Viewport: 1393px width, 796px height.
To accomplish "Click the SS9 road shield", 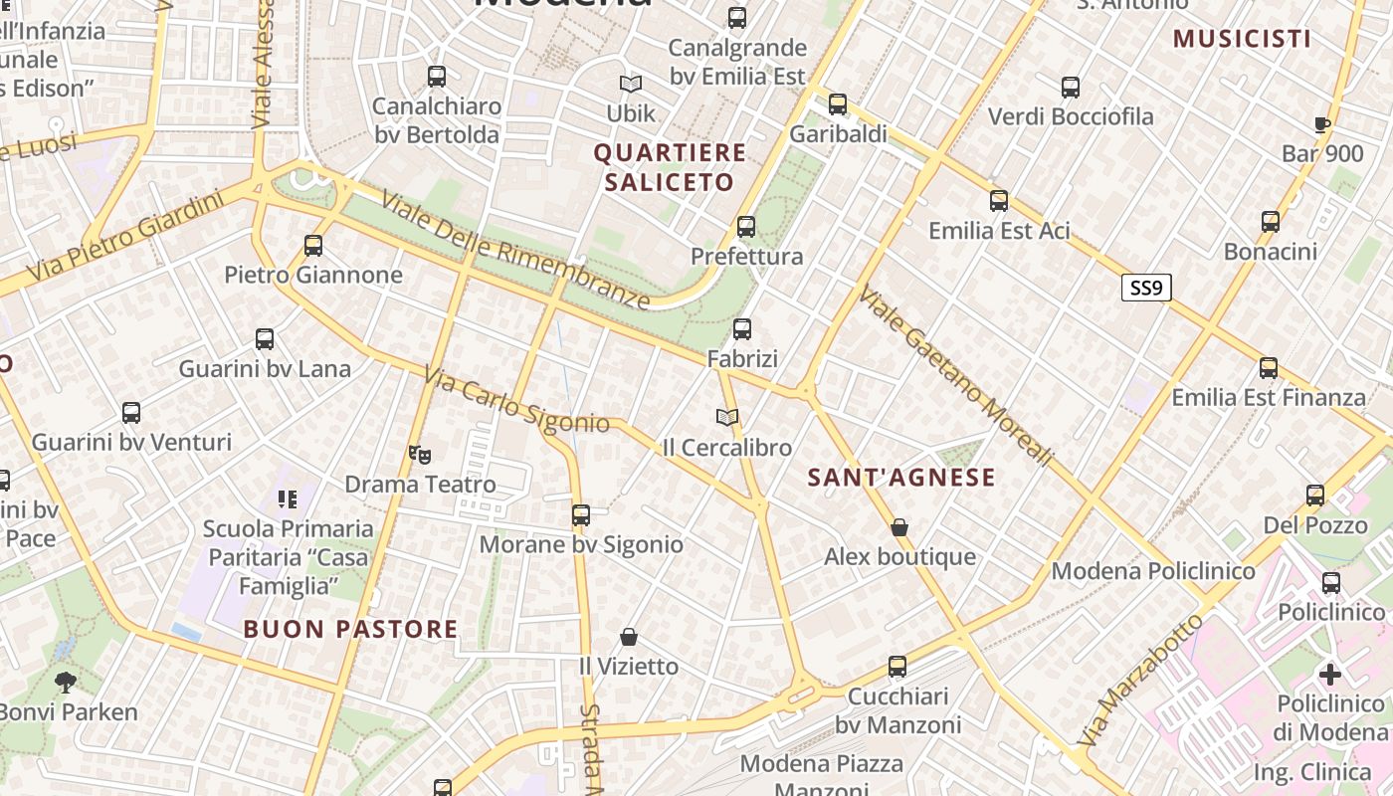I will coord(1146,289).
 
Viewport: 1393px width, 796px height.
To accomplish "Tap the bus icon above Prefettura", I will coord(746,227).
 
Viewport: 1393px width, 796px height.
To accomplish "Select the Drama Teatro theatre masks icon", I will coord(420,455).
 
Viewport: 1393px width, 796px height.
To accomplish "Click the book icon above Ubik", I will coord(631,85).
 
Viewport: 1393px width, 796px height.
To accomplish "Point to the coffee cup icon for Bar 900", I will coord(1321,124).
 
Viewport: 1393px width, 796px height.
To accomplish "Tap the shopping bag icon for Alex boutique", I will coord(899,527).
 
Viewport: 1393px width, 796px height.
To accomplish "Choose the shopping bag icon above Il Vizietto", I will coord(629,637).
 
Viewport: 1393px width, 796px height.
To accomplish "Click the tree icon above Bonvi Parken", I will coord(66,683).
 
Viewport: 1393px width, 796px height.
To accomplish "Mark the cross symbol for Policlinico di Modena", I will coord(1330,675).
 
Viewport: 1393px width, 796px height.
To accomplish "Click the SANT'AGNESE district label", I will coord(901,478).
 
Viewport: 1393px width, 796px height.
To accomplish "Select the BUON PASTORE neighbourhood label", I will coord(351,629).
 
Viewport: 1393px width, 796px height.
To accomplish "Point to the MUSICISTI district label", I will coord(1242,39).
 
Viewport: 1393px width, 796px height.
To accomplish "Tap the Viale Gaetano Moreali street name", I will coord(955,376).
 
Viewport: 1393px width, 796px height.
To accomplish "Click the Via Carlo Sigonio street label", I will coord(516,401).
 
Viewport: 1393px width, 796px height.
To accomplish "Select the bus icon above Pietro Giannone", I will coord(313,245).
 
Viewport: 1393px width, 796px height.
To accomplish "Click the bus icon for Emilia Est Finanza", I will coord(1269,368).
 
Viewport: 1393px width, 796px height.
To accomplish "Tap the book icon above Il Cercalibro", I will coord(727,418).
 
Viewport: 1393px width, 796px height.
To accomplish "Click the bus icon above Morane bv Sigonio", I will coord(581,515).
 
